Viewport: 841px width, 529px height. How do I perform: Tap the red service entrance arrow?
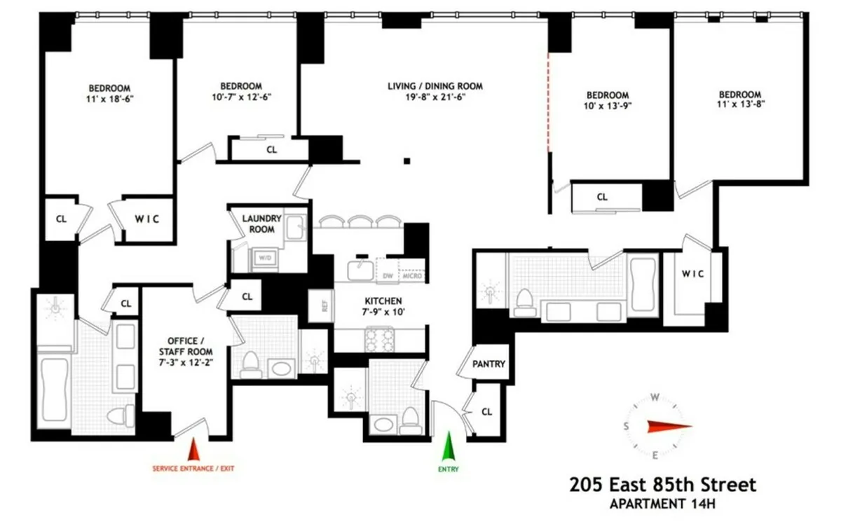(194, 448)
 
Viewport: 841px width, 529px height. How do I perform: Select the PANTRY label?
(488, 364)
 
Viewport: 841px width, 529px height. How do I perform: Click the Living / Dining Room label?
(436, 87)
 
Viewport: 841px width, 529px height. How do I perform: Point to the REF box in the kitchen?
(324, 305)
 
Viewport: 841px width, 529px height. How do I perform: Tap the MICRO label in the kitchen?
(412, 276)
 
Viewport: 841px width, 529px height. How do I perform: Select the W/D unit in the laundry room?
(265, 258)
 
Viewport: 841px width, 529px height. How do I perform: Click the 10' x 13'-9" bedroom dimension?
(608, 107)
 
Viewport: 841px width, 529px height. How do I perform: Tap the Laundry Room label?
(261, 224)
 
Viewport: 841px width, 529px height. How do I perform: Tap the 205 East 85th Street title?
(663, 484)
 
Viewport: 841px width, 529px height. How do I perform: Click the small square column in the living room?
(406, 162)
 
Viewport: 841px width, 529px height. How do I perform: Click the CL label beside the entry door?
(487, 412)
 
